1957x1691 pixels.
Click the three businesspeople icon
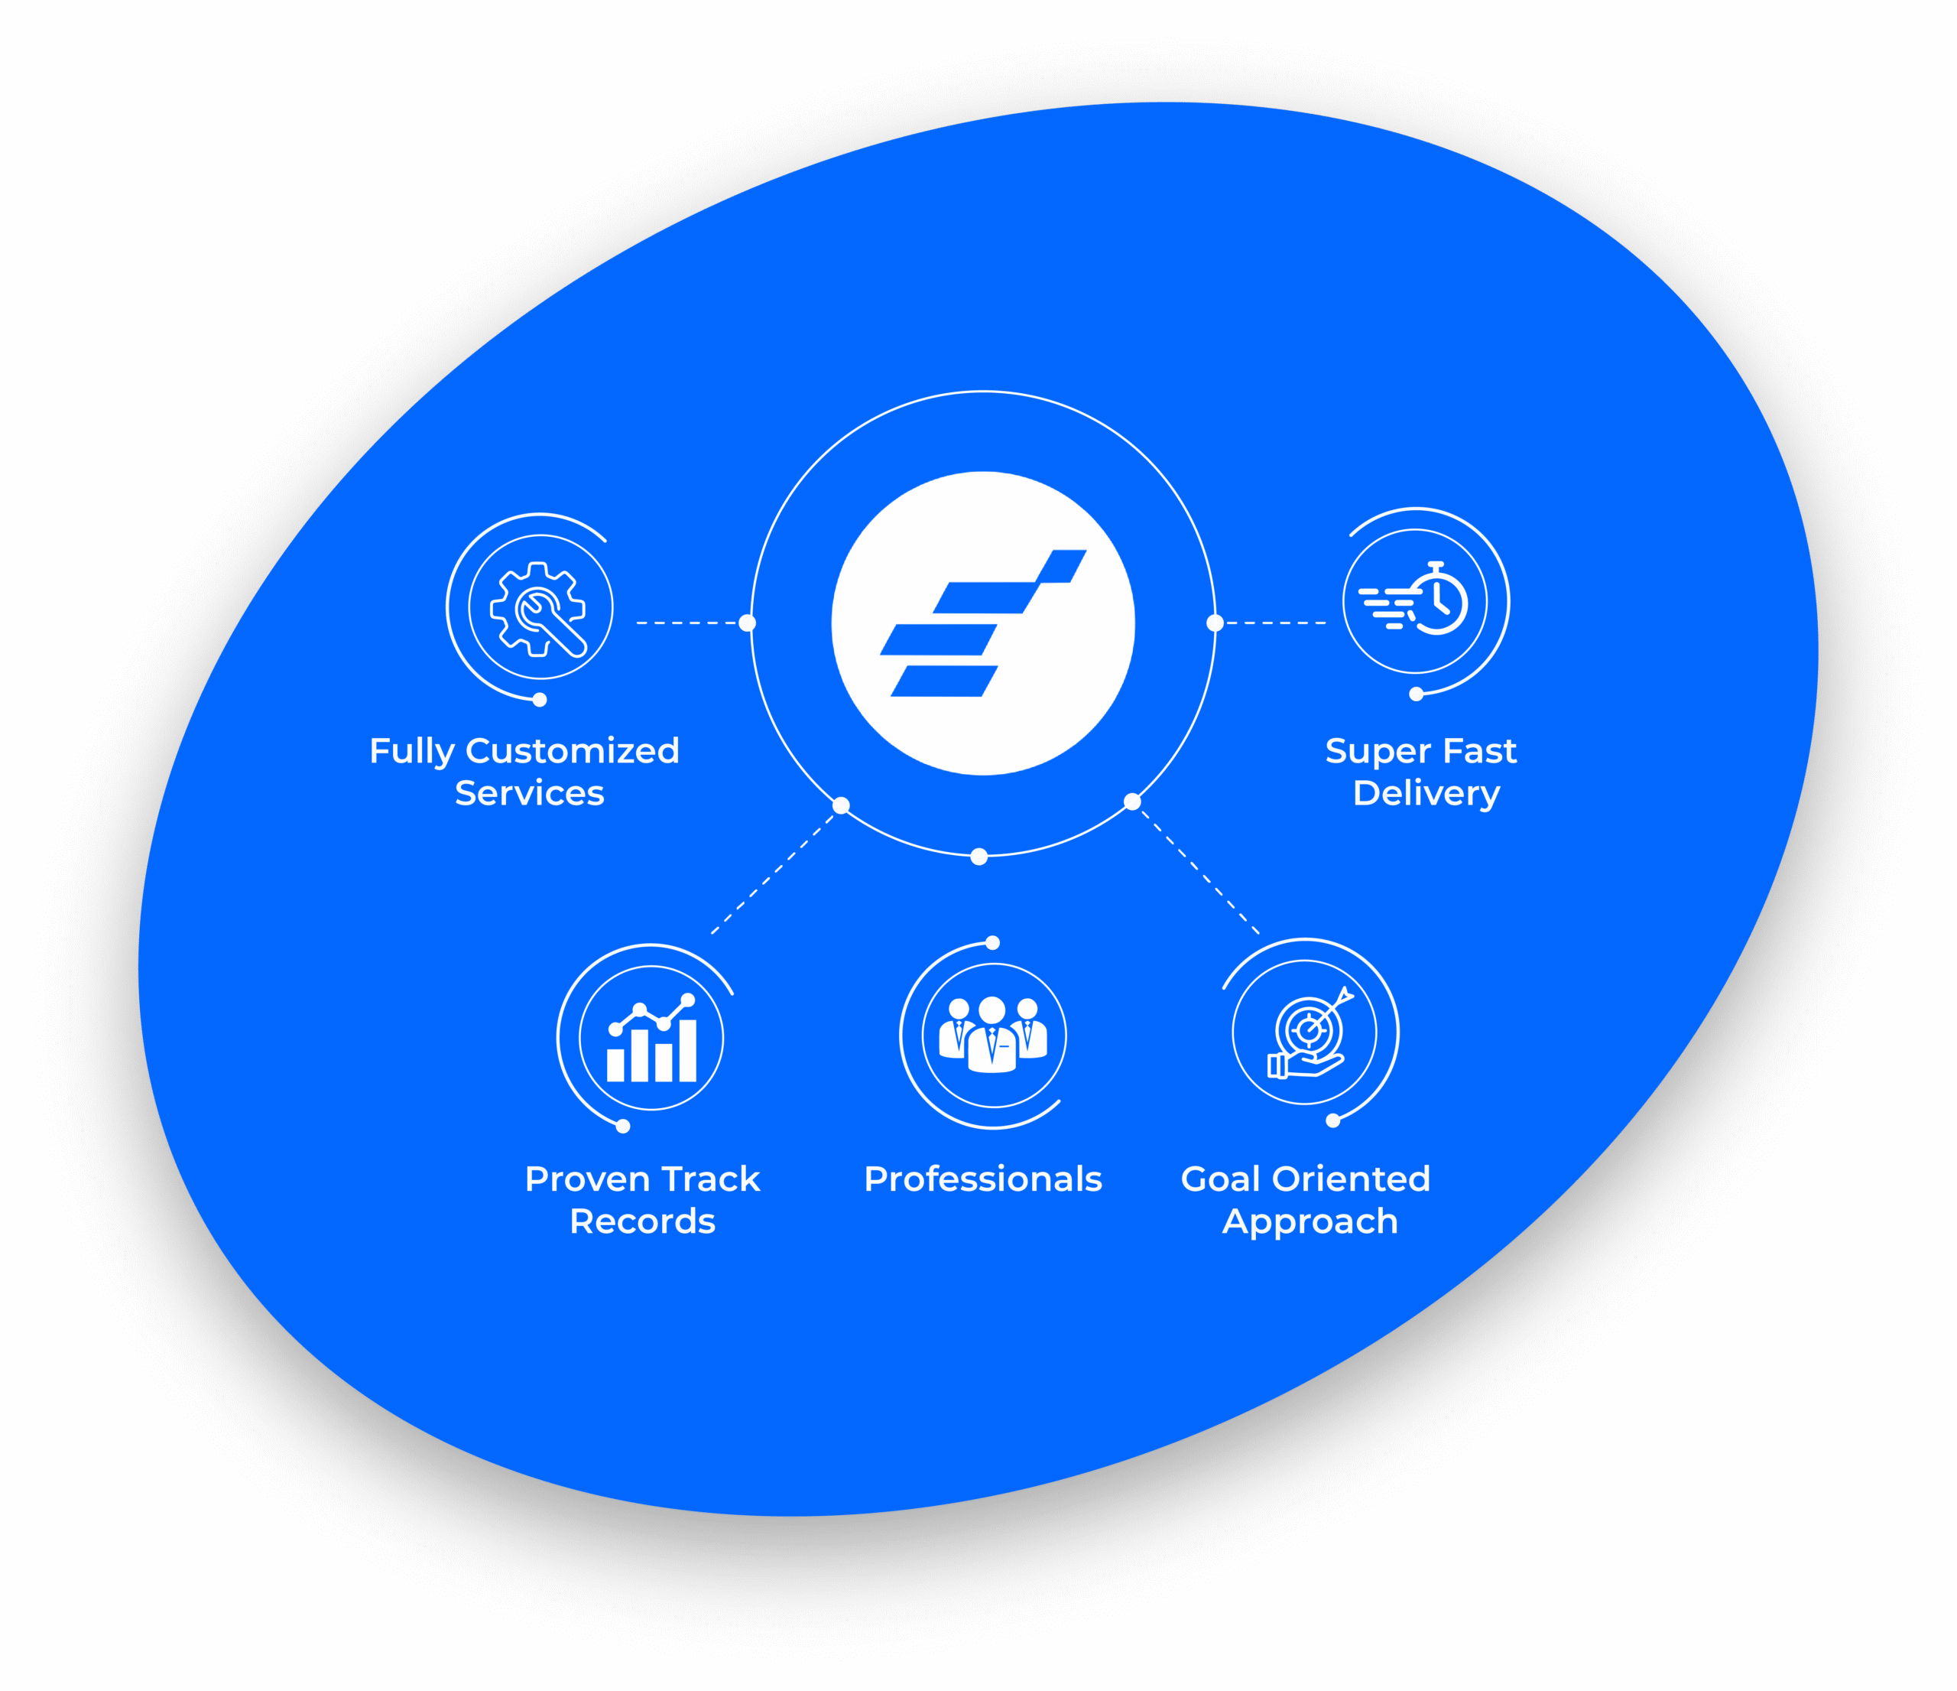(993, 1036)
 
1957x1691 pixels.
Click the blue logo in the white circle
(982, 623)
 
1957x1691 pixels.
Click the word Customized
(573, 751)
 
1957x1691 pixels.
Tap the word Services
(529, 794)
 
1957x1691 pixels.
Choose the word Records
(642, 1221)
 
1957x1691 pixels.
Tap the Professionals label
(982, 1179)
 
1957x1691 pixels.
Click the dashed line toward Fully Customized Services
(686, 623)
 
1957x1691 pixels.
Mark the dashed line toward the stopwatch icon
(1275, 623)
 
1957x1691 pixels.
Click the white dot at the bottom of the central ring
(979, 857)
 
